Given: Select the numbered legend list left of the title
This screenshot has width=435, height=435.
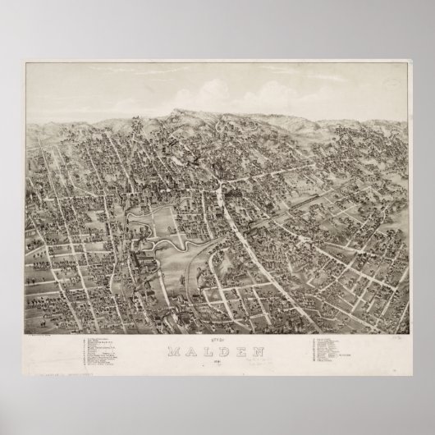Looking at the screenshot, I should (115, 348).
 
